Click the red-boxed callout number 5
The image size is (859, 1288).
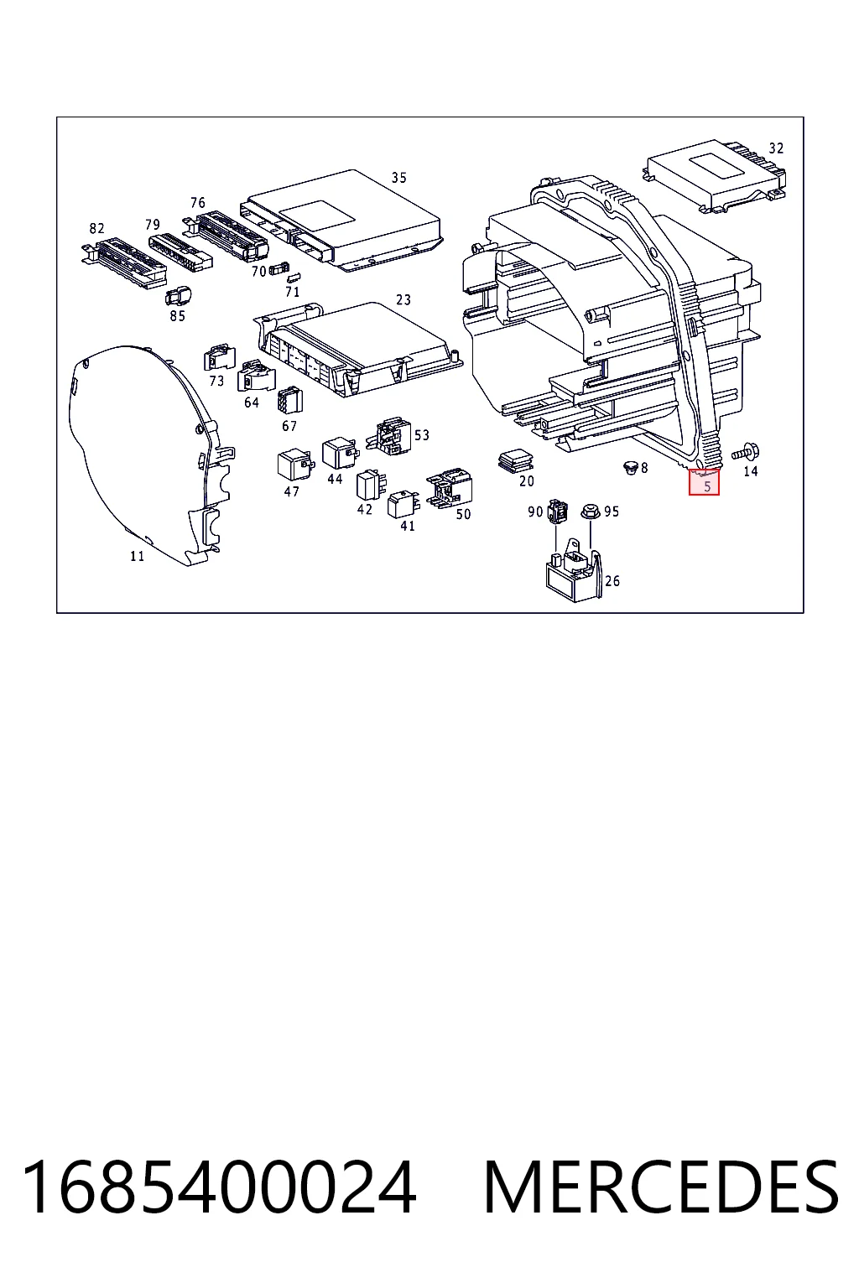tap(707, 486)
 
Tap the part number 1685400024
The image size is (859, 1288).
tap(218, 1187)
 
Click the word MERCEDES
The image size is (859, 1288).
tap(660, 1187)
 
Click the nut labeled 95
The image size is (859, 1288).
tap(590, 511)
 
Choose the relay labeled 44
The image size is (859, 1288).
tap(340, 454)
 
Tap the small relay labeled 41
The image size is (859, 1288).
tap(405, 504)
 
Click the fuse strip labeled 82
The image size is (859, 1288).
tap(123, 262)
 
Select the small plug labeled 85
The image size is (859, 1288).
tap(179, 296)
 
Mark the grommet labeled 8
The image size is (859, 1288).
tap(631, 467)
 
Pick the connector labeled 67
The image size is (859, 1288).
tap(289, 400)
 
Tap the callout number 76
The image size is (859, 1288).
tap(197, 202)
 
